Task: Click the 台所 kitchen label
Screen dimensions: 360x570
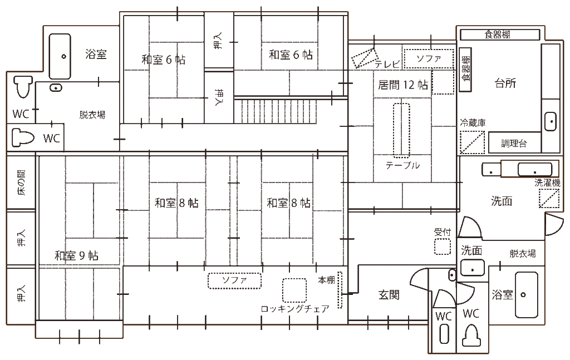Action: tap(505, 83)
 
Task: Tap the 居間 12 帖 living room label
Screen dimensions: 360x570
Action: tap(403, 85)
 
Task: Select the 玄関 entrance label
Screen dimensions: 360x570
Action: tap(389, 295)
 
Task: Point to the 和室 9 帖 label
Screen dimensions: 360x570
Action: tap(76, 255)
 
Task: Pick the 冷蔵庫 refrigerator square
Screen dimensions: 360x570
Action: tap(472, 142)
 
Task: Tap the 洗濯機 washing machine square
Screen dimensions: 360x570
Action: tap(549, 199)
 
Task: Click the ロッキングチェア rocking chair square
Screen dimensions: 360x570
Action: tap(294, 290)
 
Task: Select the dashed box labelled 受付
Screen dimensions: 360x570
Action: tap(443, 246)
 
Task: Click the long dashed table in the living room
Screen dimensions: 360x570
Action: tap(401, 130)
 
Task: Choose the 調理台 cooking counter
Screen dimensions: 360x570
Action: tap(513, 144)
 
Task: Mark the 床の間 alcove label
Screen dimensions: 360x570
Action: tap(22, 183)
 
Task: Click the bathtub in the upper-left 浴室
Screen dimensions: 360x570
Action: tap(60, 56)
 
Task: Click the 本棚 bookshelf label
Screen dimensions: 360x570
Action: tap(327, 280)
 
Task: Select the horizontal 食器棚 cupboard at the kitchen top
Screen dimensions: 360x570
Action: tap(497, 34)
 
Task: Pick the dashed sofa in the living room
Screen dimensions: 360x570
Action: tap(429, 58)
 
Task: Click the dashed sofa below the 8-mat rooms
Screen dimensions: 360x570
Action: tap(234, 280)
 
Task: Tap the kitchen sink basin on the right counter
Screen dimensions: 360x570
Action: tap(550, 121)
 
